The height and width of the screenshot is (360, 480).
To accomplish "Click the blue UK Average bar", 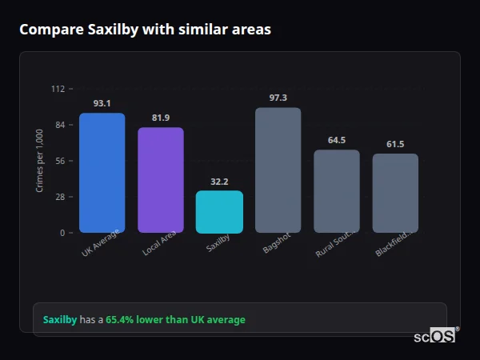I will click(102, 173).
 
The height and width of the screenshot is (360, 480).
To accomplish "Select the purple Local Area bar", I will click(160, 180).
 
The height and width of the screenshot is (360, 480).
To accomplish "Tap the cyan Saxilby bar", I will click(219, 212).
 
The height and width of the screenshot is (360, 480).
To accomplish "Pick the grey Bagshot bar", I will click(278, 170).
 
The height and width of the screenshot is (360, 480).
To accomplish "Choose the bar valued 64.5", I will click(337, 191).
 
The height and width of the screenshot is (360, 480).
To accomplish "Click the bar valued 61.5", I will click(395, 193).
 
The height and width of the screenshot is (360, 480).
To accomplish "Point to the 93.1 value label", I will click(102, 103).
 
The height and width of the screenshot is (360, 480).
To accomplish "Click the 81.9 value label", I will click(160, 118).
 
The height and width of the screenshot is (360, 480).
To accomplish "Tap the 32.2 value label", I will click(219, 182).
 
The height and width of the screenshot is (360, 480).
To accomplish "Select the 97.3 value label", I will click(278, 98).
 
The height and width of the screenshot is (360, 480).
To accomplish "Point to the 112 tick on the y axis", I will click(58, 89).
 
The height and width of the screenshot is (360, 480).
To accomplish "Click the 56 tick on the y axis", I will click(60, 161).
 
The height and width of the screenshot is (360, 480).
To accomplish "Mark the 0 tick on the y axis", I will click(62, 233).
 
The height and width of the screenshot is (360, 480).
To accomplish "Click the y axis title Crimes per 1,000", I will click(39, 161).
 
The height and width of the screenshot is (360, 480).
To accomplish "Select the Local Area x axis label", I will click(159, 244).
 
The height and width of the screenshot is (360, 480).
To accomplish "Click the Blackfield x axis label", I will click(393, 245).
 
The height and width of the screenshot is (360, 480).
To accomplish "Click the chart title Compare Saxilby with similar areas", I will click(145, 30).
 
